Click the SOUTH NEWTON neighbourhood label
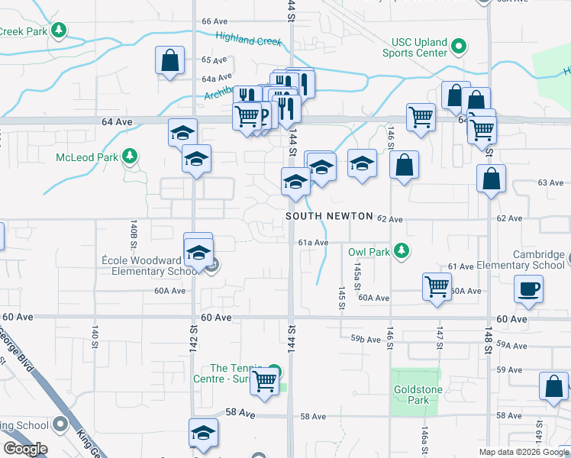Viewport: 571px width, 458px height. pyautogui.click(x=330, y=217)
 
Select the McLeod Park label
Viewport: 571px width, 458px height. pyautogui.click(x=85, y=158)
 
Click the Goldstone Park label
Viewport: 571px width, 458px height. pyautogui.click(x=416, y=395)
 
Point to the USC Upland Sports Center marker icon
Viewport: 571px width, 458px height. pyautogui.click(x=458, y=47)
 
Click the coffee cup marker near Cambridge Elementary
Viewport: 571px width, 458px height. pyautogui.click(x=528, y=289)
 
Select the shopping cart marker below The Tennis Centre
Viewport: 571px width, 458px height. pyautogui.click(x=265, y=381)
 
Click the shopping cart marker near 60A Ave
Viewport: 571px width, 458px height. pyautogui.click(x=437, y=287)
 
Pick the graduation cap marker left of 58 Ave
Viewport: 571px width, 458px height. pyautogui.click(x=203, y=432)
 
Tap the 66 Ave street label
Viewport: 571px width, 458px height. pyautogui.click(x=215, y=21)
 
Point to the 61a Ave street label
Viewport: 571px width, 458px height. pyautogui.click(x=313, y=243)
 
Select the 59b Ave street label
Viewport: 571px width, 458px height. pyautogui.click(x=366, y=339)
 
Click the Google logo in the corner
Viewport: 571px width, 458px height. pyautogui.click(x=24, y=449)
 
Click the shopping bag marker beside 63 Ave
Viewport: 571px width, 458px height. pyautogui.click(x=490, y=179)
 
